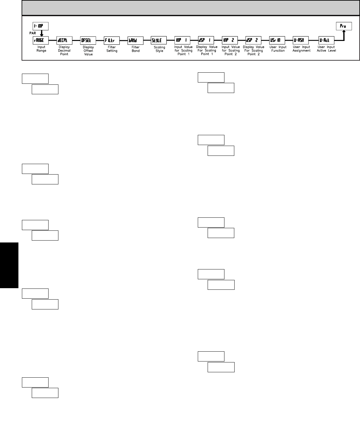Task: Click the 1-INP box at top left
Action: tap(41, 26)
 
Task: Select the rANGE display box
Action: tap(41, 40)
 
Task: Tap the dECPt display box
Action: tap(64, 40)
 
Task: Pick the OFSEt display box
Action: tap(88, 40)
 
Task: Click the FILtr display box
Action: tap(112, 40)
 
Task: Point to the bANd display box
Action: tap(135, 40)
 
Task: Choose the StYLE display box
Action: tap(159, 40)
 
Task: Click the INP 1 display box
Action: tap(183, 40)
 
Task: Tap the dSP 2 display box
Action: tap(253, 40)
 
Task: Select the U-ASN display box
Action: tap(301, 40)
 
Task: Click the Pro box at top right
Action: tap(344, 26)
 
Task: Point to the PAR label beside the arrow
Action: tap(33, 33)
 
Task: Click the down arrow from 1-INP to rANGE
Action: tap(42, 33)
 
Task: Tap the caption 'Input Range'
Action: tap(41, 49)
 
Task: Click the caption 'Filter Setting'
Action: tap(112, 49)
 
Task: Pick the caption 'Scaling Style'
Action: tap(159, 49)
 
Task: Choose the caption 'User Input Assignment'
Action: tap(301, 49)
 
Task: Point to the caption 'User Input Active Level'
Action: tap(326, 49)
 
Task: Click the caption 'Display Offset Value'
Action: tap(88, 51)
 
